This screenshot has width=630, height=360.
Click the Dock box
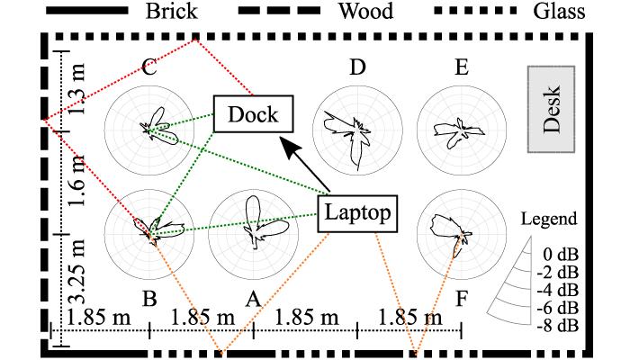click(x=252, y=114)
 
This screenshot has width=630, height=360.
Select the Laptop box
click(x=357, y=213)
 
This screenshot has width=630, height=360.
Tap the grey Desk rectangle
click(x=553, y=110)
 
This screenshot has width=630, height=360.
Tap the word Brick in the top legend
click(x=174, y=12)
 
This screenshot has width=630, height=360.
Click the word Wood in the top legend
click(x=368, y=12)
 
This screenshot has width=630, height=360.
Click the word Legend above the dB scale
click(x=549, y=219)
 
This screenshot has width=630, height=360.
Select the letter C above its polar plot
click(x=148, y=67)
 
